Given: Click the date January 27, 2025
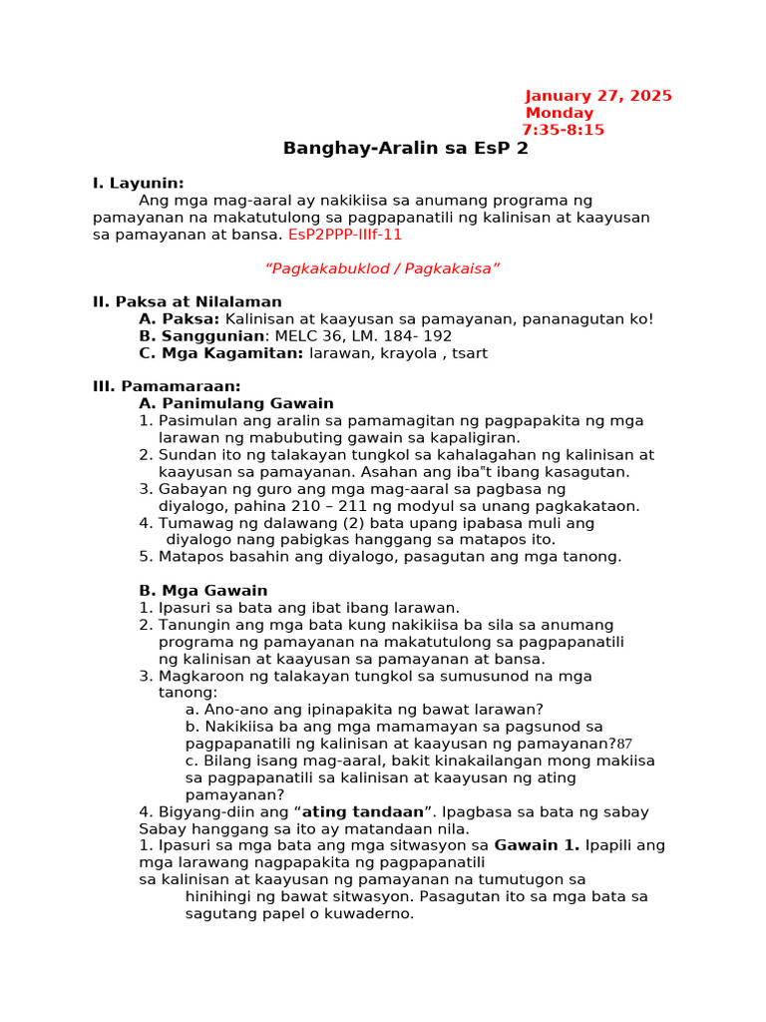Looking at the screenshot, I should (598, 96).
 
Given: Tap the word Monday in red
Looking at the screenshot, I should (560, 113).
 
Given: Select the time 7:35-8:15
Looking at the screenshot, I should (563, 130).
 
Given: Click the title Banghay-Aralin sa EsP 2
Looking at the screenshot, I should (405, 149).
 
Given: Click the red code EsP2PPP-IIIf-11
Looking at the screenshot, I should (345, 235).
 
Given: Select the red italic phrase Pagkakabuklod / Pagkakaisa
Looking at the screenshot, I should (382, 268).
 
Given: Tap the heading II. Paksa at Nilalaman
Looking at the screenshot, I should (187, 301).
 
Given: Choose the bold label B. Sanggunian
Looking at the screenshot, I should (191, 335).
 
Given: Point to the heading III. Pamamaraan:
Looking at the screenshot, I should (167, 386).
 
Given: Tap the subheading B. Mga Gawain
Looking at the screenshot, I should (202, 590).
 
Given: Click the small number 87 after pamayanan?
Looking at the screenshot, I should (624, 744).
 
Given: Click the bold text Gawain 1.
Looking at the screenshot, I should (537, 845).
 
